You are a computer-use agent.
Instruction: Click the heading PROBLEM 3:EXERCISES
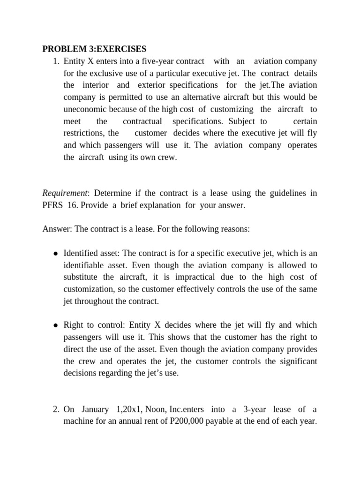point(94,49)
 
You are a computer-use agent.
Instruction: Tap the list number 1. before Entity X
point(56,61)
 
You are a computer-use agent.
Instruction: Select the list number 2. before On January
point(56,409)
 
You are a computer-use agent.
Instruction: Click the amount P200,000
point(182,421)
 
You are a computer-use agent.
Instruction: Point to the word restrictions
point(84,133)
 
